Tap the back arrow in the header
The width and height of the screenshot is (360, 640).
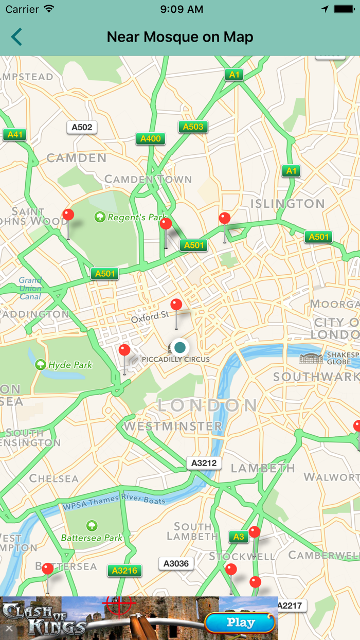16,37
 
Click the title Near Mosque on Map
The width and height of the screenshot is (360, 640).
180,37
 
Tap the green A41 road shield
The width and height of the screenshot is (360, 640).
14,135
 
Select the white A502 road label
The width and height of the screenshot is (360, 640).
82,127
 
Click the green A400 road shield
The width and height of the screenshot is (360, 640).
151,138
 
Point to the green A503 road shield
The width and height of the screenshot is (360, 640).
193,127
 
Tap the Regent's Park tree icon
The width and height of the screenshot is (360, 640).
100,217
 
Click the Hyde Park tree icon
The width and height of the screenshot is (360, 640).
41,365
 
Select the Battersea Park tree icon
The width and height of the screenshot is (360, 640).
92,525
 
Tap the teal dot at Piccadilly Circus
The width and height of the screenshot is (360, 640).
179,347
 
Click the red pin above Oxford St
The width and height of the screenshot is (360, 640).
176,305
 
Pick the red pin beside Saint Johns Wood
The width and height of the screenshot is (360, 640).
68,215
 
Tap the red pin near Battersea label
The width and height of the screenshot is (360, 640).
47,569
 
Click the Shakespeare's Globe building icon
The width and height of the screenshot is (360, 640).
312,358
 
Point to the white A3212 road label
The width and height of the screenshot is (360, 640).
204,463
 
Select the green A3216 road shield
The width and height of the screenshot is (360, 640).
124,571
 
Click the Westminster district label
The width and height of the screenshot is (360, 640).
172,426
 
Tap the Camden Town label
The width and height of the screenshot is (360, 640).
148,180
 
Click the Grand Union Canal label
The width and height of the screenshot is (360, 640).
31,289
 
